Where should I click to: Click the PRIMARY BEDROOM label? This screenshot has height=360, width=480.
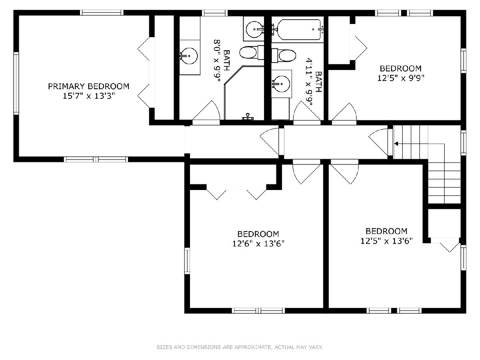[88, 86]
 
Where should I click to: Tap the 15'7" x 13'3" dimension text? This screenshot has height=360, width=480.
[89, 96]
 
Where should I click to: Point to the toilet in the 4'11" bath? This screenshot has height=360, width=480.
[284, 55]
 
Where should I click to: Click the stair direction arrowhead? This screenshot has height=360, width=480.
[396, 144]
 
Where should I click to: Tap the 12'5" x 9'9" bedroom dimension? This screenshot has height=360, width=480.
[401, 78]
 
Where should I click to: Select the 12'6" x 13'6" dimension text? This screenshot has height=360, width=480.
[258, 244]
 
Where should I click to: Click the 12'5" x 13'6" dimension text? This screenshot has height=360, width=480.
[386, 241]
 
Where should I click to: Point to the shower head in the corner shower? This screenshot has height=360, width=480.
[248, 116]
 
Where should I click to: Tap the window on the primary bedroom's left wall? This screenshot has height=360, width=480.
[16, 83]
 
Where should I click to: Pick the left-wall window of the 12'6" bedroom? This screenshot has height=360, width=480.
[187, 260]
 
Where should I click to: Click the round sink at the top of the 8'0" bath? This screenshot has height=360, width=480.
[254, 30]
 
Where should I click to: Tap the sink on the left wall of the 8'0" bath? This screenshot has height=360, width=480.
[189, 56]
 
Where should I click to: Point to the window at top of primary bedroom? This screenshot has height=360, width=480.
[102, 13]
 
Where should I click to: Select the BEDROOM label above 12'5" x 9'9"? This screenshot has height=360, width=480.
[401, 68]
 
